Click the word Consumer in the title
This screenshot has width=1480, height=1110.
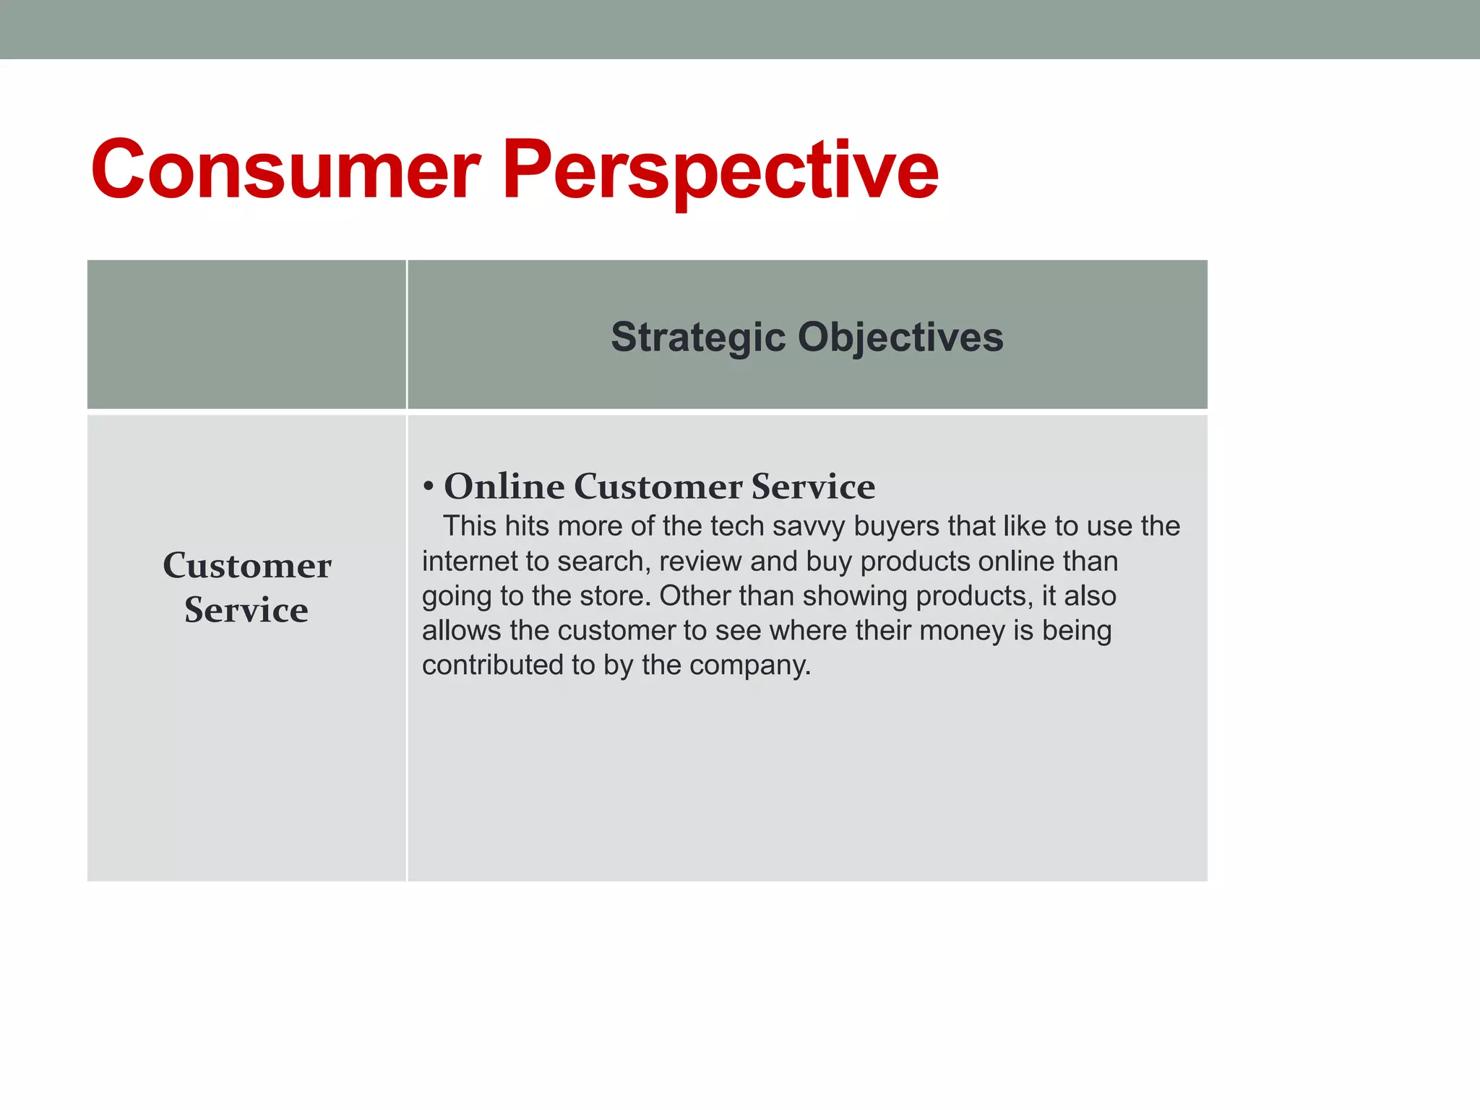(x=285, y=171)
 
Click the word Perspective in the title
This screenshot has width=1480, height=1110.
(x=720, y=171)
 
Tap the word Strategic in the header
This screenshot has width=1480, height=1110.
(x=697, y=337)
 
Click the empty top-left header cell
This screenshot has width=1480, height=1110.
(x=246, y=335)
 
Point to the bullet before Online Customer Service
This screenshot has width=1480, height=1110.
(x=429, y=487)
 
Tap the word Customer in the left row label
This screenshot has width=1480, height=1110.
(x=247, y=565)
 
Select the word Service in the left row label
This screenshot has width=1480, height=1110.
(x=246, y=610)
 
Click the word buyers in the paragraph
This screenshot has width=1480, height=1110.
(x=897, y=527)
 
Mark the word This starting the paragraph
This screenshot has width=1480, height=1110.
(x=470, y=526)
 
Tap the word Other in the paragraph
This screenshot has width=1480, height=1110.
(x=690, y=596)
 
